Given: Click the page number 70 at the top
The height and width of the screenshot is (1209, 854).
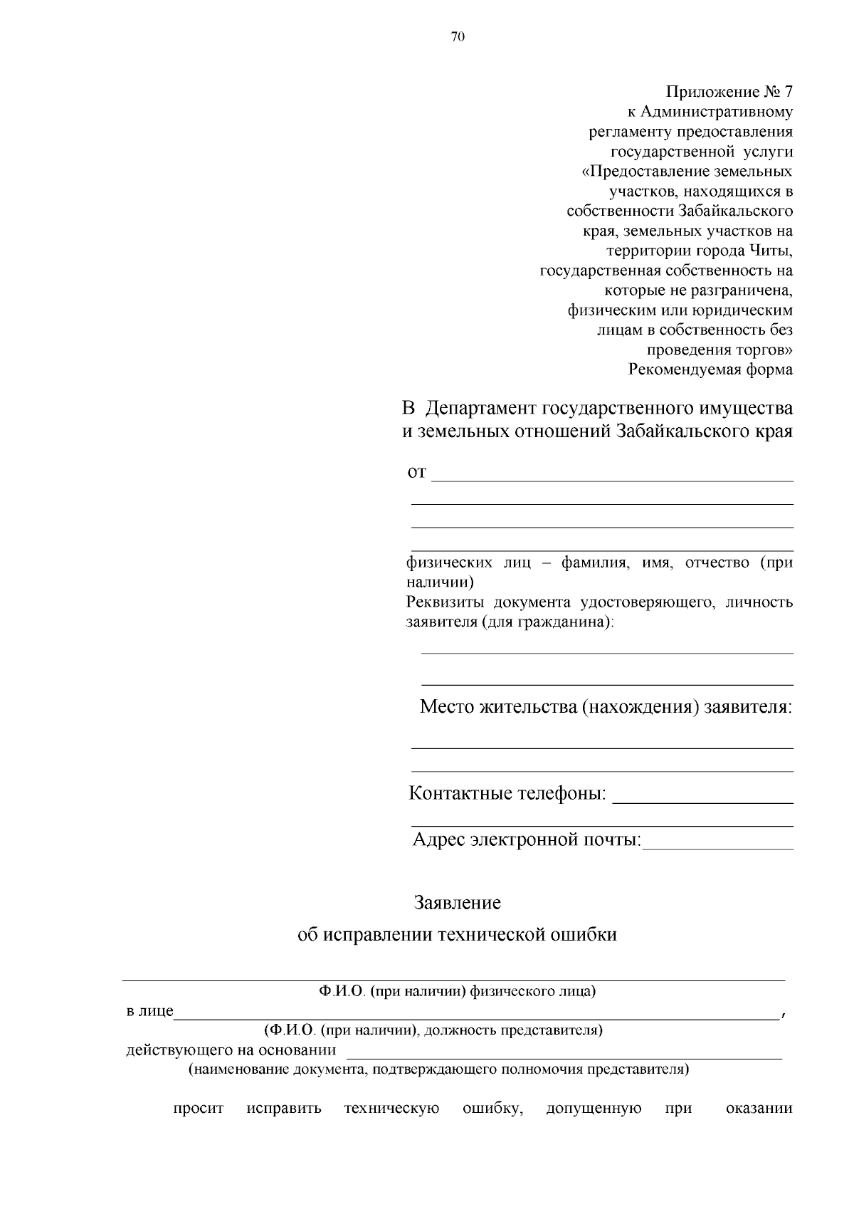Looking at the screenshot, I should pos(458,38).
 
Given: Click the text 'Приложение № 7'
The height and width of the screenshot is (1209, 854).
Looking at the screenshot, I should pos(729,93).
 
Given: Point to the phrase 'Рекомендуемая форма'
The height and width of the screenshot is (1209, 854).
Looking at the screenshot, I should pos(710,370).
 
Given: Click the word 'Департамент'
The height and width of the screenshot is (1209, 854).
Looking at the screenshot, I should pos(480,409).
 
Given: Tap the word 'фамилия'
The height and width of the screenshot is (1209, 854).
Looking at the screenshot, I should pos(594,562).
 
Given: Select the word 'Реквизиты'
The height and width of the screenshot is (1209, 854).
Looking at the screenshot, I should pos(436,602).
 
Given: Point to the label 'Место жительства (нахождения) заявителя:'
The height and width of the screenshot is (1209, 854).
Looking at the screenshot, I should pos(606,707).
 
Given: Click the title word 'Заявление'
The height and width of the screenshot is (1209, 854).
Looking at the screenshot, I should pos(458,903).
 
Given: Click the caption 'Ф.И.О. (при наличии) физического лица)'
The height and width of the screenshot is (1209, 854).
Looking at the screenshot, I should pos(457,990).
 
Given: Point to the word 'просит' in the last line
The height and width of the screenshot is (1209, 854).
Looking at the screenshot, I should pos(199,1109).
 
